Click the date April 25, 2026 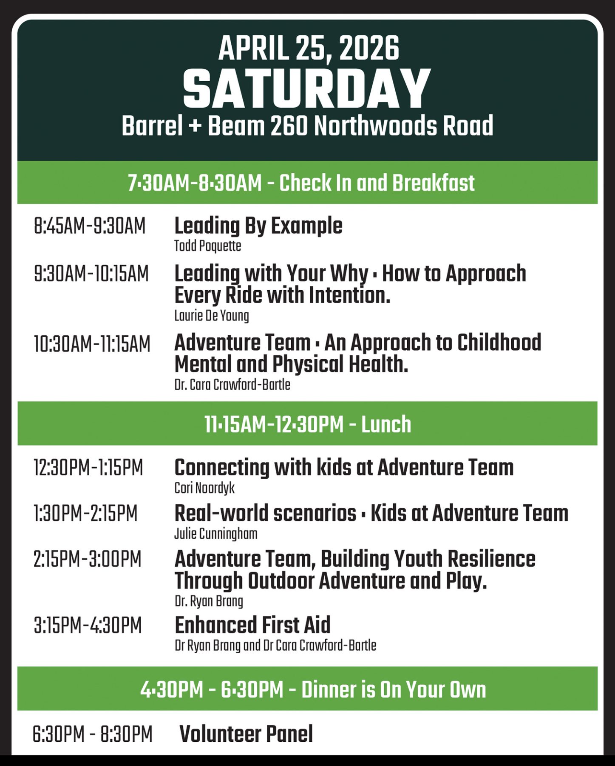[309, 48]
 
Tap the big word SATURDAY [307, 89]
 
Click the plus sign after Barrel [195, 126]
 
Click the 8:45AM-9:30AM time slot [90, 226]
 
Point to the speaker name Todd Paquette [207, 246]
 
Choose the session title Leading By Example [258, 226]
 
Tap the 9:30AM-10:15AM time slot [91, 274]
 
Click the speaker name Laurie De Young [212, 316]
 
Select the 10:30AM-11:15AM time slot [92, 344]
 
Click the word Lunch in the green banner [386, 424]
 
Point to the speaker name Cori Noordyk [204, 488]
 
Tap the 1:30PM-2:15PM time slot [85, 513]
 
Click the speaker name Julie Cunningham [216, 534]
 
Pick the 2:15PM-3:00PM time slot [88, 559]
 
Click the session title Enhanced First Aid [252, 625]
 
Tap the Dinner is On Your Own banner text [394, 689]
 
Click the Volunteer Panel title [246, 734]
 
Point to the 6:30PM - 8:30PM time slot [92, 735]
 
